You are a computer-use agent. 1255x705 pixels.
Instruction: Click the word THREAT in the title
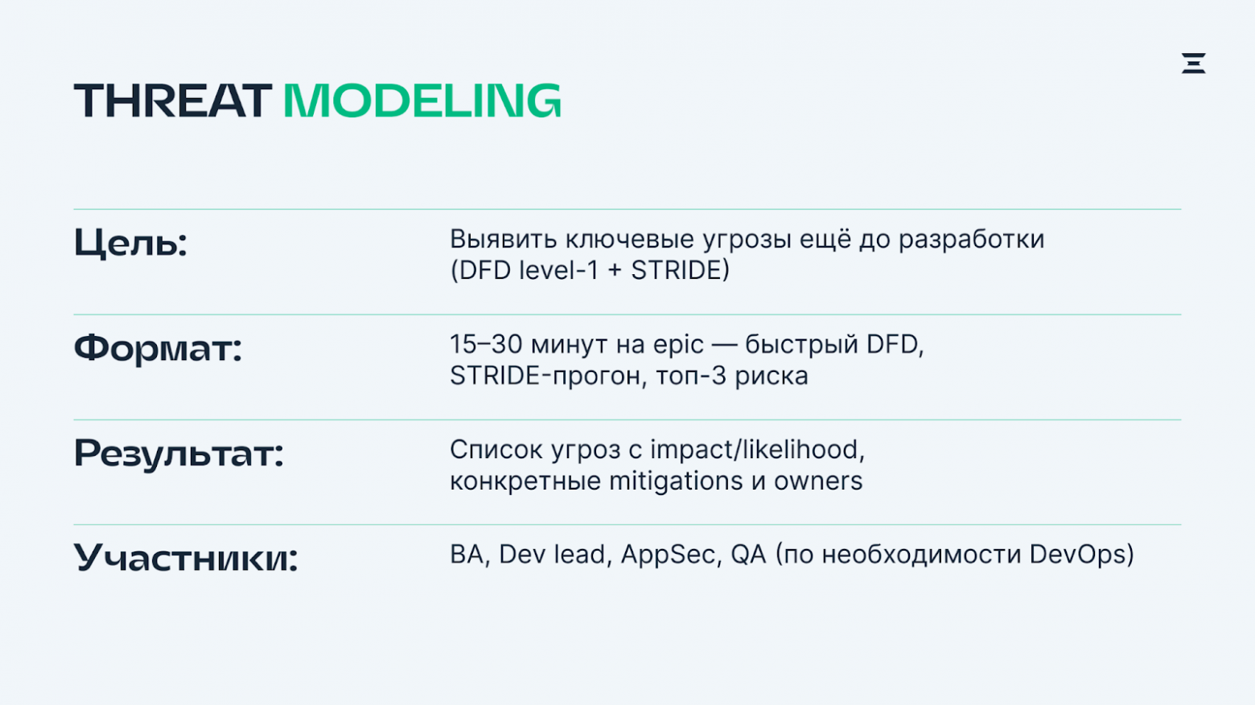point(173,100)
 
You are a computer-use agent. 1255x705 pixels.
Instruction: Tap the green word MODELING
point(422,100)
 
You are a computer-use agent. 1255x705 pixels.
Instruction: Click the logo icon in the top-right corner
point(1193,64)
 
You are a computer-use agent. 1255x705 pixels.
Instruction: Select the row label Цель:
point(130,244)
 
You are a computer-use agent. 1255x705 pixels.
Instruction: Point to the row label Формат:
point(158,349)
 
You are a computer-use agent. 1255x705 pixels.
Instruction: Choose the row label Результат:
point(179,453)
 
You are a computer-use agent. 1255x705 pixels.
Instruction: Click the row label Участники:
point(186,558)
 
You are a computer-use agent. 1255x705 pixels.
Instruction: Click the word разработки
point(972,240)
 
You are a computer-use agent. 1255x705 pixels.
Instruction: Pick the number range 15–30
point(486,344)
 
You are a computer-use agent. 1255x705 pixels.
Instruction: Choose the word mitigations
point(676,482)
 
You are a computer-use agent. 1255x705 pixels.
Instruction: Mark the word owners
point(818,482)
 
